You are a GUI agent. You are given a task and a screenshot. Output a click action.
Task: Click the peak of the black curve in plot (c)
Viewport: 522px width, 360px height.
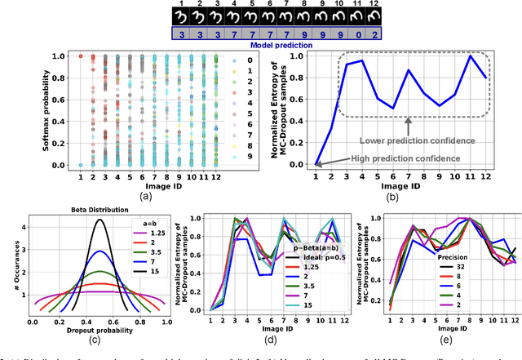click(100, 220)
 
